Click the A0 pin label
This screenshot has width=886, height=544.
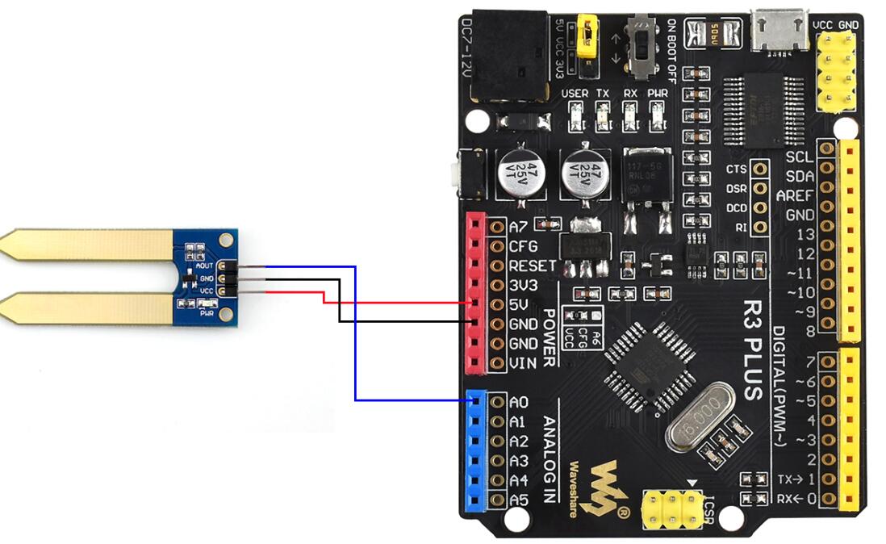tap(519, 402)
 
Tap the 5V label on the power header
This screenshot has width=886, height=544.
tap(519, 304)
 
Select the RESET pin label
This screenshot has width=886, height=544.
tap(532, 266)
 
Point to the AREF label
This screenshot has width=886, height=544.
tap(795, 195)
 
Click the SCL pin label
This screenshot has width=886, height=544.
tap(800, 157)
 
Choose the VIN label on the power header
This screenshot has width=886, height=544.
tap(523, 363)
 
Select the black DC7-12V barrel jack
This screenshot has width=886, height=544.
tap(508, 56)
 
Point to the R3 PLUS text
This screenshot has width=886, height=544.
tap(752, 351)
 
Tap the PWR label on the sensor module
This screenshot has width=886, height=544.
tap(207, 312)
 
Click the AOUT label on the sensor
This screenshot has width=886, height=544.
tap(204, 266)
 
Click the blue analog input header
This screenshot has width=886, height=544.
tap(476, 451)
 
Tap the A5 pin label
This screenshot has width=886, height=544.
tap(519, 500)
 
